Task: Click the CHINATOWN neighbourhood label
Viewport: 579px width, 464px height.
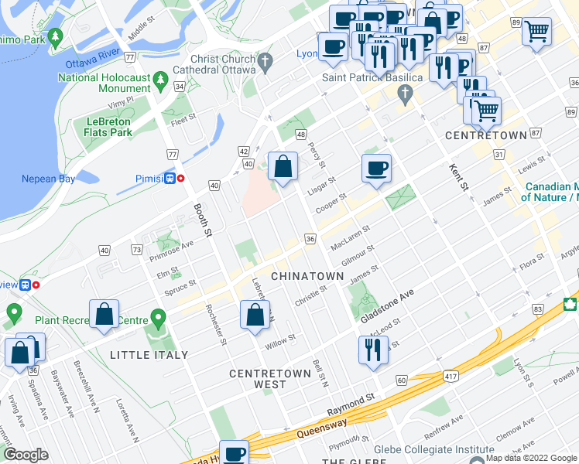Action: pyautogui.click(x=307, y=276)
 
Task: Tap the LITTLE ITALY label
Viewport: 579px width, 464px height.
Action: pyautogui.click(x=149, y=355)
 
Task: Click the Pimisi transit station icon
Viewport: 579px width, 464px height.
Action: pyautogui.click(x=169, y=178)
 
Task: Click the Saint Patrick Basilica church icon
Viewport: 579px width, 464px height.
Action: pyautogui.click(x=405, y=95)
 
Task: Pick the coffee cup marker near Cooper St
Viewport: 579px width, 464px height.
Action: pyautogui.click(x=376, y=169)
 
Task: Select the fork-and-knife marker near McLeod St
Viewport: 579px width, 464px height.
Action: pyautogui.click(x=373, y=350)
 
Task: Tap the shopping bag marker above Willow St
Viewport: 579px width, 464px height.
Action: pyautogui.click(x=255, y=316)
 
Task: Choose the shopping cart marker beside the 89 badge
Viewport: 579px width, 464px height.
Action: pyautogui.click(x=536, y=32)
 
